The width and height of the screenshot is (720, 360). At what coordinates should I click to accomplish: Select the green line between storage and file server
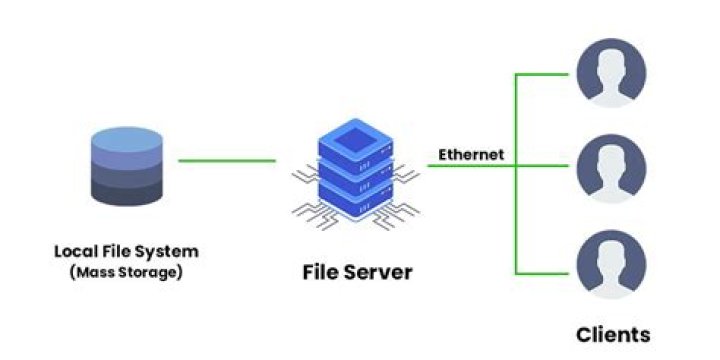pos(227,160)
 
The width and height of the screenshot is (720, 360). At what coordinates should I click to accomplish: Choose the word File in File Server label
pos(320,271)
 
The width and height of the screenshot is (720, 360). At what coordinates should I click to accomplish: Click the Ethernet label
pos(471,155)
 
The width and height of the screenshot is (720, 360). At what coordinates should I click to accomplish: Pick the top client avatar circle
pos(611,73)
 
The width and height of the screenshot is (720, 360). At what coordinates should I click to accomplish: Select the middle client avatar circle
pos(611,166)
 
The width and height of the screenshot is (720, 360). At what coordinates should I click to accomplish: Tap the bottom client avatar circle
pos(611,266)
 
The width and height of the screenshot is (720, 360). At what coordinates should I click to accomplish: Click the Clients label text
pos(613,334)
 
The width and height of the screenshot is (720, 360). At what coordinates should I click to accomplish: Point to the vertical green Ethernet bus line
pos(516,200)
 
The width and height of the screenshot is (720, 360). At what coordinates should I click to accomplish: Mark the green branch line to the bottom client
pos(545,272)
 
